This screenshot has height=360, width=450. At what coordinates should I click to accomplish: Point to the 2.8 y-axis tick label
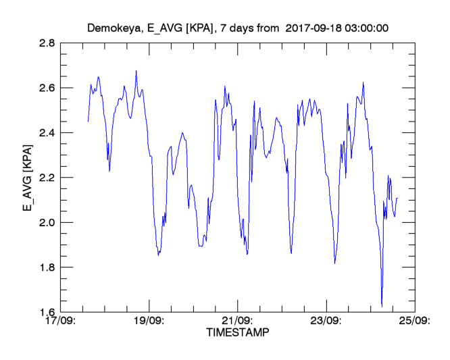point(46,43)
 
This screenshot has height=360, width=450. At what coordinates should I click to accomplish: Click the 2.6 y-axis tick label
point(46,88)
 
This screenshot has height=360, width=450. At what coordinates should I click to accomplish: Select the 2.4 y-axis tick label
point(46,133)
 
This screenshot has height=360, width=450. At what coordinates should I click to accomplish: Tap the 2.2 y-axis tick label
point(46,178)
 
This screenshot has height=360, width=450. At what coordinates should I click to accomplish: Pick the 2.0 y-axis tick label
point(46,223)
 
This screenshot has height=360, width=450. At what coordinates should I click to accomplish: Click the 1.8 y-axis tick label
point(46,267)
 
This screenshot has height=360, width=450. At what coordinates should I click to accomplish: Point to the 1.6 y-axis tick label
point(46,312)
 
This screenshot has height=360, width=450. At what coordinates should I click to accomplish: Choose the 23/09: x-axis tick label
point(328,322)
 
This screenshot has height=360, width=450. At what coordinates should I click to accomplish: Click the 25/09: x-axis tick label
point(415,322)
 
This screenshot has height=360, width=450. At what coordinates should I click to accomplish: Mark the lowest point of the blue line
point(382,307)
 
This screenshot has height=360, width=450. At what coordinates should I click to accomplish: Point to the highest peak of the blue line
point(136,70)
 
